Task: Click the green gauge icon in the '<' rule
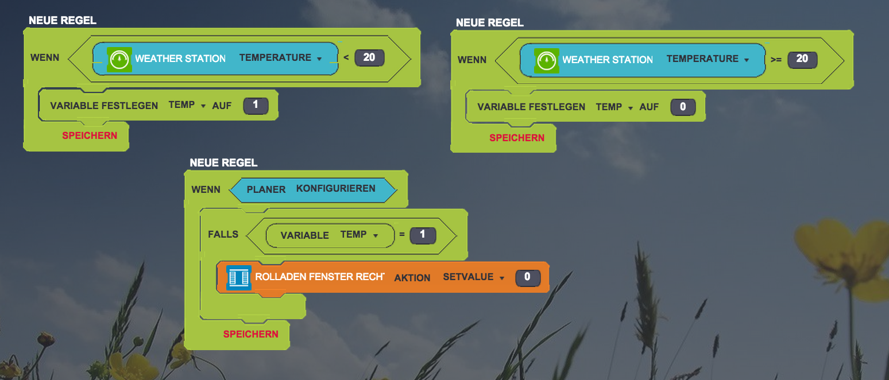(x=119, y=59)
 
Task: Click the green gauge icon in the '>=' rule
(x=547, y=60)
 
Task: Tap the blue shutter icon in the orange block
(x=238, y=278)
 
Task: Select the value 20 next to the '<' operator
(x=369, y=57)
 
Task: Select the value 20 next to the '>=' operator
(x=802, y=59)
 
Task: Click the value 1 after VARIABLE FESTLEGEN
(x=256, y=106)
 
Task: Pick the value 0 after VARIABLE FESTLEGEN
(x=683, y=107)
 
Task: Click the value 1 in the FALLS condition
(x=423, y=235)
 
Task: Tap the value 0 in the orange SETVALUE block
(x=528, y=278)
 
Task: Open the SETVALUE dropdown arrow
(x=502, y=278)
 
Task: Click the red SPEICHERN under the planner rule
(x=250, y=334)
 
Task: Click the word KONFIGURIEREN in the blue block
(x=336, y=188)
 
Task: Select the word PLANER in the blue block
(x=266, y=189)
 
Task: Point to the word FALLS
(x=223, y=234)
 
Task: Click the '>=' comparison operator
(x=776, y=60)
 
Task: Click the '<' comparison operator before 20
(x=346, y=57)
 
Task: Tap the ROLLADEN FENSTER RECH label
(x=319, y=277)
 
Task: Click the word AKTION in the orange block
(x=412, y=278)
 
